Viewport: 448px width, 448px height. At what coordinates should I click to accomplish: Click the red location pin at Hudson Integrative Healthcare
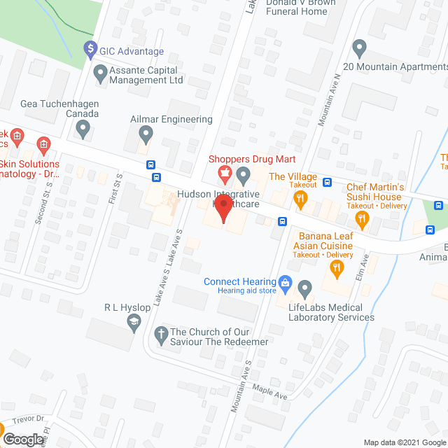223,208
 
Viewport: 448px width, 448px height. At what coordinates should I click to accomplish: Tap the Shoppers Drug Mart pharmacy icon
225,172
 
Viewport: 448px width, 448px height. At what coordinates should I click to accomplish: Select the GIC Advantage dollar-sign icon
90,50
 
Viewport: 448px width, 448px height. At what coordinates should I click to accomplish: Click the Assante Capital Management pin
100,71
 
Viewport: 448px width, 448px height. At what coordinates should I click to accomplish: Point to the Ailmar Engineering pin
146,132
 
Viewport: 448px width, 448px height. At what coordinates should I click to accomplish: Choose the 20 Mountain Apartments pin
360,48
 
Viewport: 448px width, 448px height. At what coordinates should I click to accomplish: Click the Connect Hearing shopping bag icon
285,282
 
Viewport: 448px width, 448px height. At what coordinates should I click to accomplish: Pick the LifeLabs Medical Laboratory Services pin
304,288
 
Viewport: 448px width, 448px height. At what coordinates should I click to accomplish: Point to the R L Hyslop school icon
134,321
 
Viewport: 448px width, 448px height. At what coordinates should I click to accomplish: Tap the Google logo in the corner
23,440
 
